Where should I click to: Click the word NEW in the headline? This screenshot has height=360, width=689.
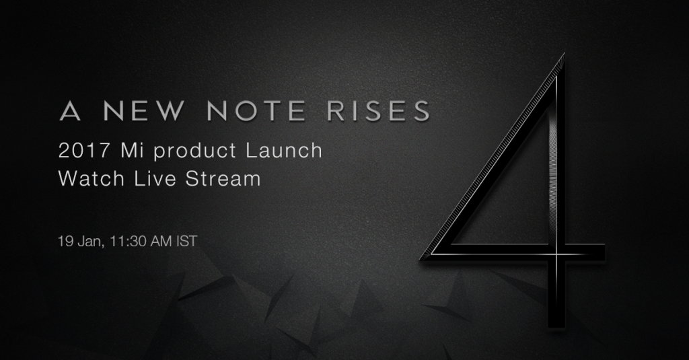(x=145, y=111)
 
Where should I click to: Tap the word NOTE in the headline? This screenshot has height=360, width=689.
(x=256, y=111)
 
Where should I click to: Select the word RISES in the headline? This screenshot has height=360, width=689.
(x=378, y=111)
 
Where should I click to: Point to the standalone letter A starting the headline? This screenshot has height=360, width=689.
(x=70, y=111)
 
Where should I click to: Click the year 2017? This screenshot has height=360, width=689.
(x=84, y=151)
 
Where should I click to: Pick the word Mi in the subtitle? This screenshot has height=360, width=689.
(x=133, y=151)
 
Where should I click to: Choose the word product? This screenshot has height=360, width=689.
(x=195, y=152)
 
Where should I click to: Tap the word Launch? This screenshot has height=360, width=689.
(x=284, y=151)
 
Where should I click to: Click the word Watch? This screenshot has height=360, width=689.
(x=92, y=179)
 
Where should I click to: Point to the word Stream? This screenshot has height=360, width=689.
(x=223, y=179)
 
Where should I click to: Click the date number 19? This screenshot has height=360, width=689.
(x=65, y=242)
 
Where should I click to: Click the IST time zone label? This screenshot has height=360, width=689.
(x=187, y=242)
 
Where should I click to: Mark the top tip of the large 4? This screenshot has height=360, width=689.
(x=563, y=54)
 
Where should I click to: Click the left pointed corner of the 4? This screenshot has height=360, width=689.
(x=420, y=258)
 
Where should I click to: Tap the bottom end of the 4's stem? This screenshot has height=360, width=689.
(x=556, y=327)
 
